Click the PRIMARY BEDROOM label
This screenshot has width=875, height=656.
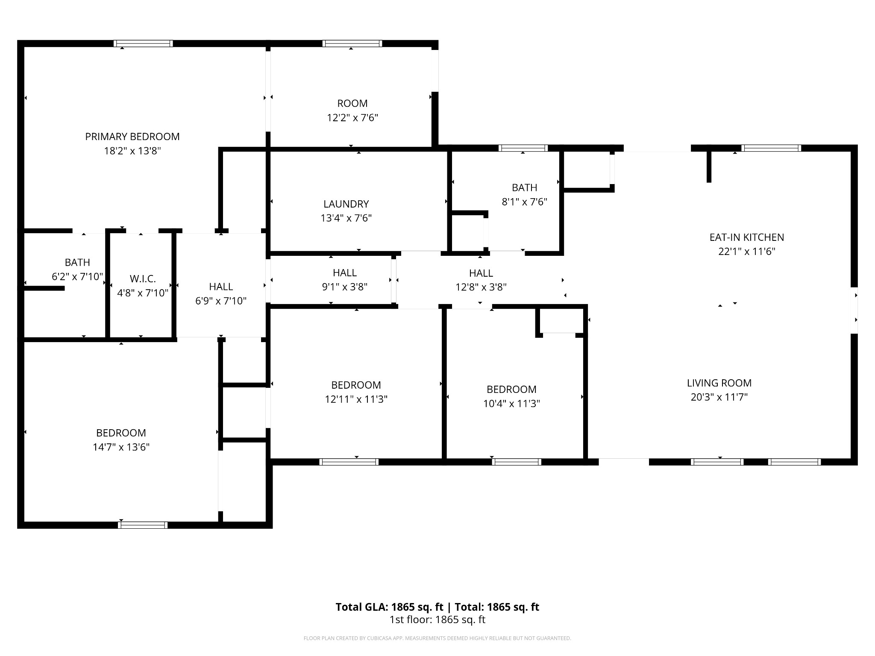coord(132,137)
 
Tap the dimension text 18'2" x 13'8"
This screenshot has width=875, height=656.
coord(132,151)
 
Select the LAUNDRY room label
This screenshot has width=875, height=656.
coord(346,204)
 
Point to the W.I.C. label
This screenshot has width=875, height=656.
coord(143,279)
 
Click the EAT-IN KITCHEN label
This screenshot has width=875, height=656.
coord(747,237)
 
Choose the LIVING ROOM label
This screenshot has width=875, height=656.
coord(719,383)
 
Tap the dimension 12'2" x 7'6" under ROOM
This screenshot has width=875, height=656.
coord(352,117)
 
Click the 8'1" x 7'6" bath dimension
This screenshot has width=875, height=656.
coord(525,202)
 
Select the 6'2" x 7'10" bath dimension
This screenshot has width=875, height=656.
coord(77,276)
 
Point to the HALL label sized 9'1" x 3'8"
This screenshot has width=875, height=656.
coord(345,272)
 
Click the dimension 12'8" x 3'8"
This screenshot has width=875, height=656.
coord(481,287)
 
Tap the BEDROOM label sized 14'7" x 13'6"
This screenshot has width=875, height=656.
coord(121,433)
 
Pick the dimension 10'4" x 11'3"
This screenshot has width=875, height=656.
coord(512,404)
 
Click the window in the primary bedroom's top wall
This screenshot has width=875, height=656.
coord(144,44)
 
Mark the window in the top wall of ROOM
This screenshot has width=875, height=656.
coord(352,44)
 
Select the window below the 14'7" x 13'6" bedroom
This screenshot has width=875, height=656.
coord(143,525)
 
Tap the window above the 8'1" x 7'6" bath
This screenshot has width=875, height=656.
coord(523,148)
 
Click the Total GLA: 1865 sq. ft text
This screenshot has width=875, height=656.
coord(389,607)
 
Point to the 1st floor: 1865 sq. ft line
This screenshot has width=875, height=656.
coord(437,620)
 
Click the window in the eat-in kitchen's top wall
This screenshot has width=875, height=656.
coord(771,148)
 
